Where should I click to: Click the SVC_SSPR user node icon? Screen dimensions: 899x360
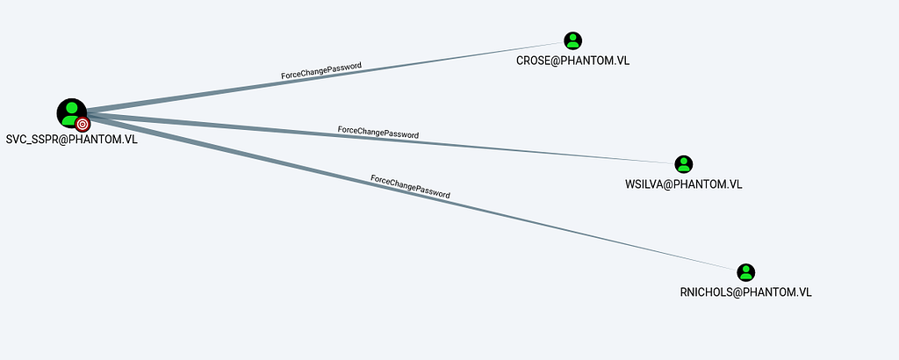point(72,113)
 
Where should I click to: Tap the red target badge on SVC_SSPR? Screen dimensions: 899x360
point(83,124)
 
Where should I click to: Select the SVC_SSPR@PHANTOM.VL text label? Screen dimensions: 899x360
point(72,140)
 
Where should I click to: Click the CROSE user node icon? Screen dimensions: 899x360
point(572,40)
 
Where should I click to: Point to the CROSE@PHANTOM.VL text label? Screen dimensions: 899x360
point(572,61)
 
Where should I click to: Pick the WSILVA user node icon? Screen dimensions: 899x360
point(683,164)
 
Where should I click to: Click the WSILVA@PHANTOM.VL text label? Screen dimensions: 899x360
point(683,185)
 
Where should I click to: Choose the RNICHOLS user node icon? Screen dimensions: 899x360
point(745,272)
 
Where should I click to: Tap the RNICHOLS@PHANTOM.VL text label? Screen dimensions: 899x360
point(745,292)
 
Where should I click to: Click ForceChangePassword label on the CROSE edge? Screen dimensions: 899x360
point(321,70)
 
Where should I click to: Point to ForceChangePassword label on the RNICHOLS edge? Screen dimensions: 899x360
point(410,186)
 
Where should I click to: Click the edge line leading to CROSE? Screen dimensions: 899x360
point(325,76)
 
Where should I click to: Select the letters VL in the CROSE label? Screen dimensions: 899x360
point(623,61)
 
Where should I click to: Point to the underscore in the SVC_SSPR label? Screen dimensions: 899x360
point(28,144)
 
